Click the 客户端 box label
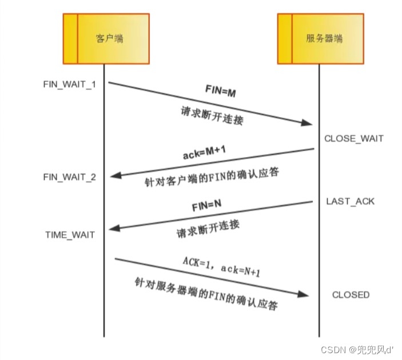[109, 39]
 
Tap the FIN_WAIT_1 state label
[70, 84]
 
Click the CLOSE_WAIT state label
[353, 138]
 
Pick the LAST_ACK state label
[351, 201]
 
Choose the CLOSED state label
[351, 295]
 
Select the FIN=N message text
[206, 206]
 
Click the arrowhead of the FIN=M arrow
[308, 123]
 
